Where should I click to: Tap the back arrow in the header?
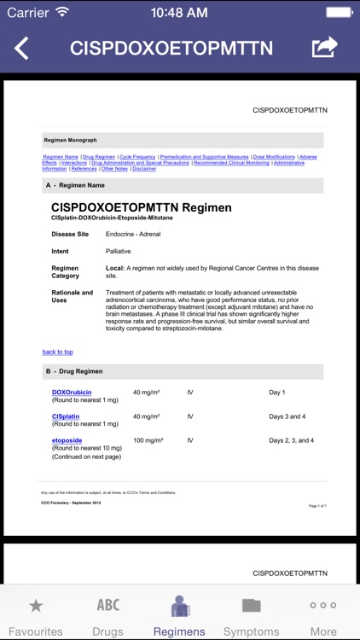tap(22, 48)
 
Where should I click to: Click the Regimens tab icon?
tap(179, 607)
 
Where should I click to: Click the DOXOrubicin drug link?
tap(72, 393)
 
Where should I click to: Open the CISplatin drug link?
tap(66, 416)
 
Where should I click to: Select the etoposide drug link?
tap(67, 440)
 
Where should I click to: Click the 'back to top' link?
tap(57, 352)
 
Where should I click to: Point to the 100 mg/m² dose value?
tap(148, 440)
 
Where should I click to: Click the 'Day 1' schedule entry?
tap(277, 393)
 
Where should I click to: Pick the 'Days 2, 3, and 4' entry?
tap(291, 440)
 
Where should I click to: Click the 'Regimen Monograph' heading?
tap(70, 140)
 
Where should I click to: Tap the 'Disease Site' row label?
tap(70, 234)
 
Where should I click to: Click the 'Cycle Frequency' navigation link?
tap(137, 157)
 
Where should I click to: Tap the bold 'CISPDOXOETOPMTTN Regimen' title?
tap(141, 207)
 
